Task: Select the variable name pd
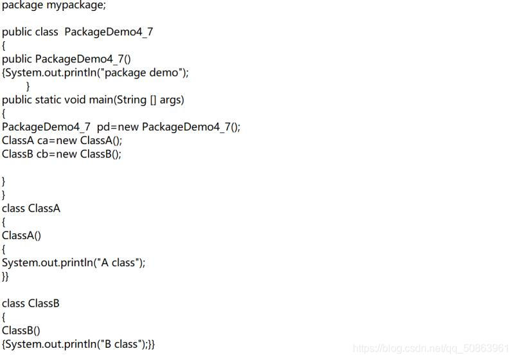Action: click(103, 127)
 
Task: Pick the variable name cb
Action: click(43, 154)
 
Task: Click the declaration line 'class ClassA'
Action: click(31, 208)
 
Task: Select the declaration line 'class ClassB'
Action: click(31, 303)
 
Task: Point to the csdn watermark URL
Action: click(431, 348)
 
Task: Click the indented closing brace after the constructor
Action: click(28, 86)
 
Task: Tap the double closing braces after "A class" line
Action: click(6, 276)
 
